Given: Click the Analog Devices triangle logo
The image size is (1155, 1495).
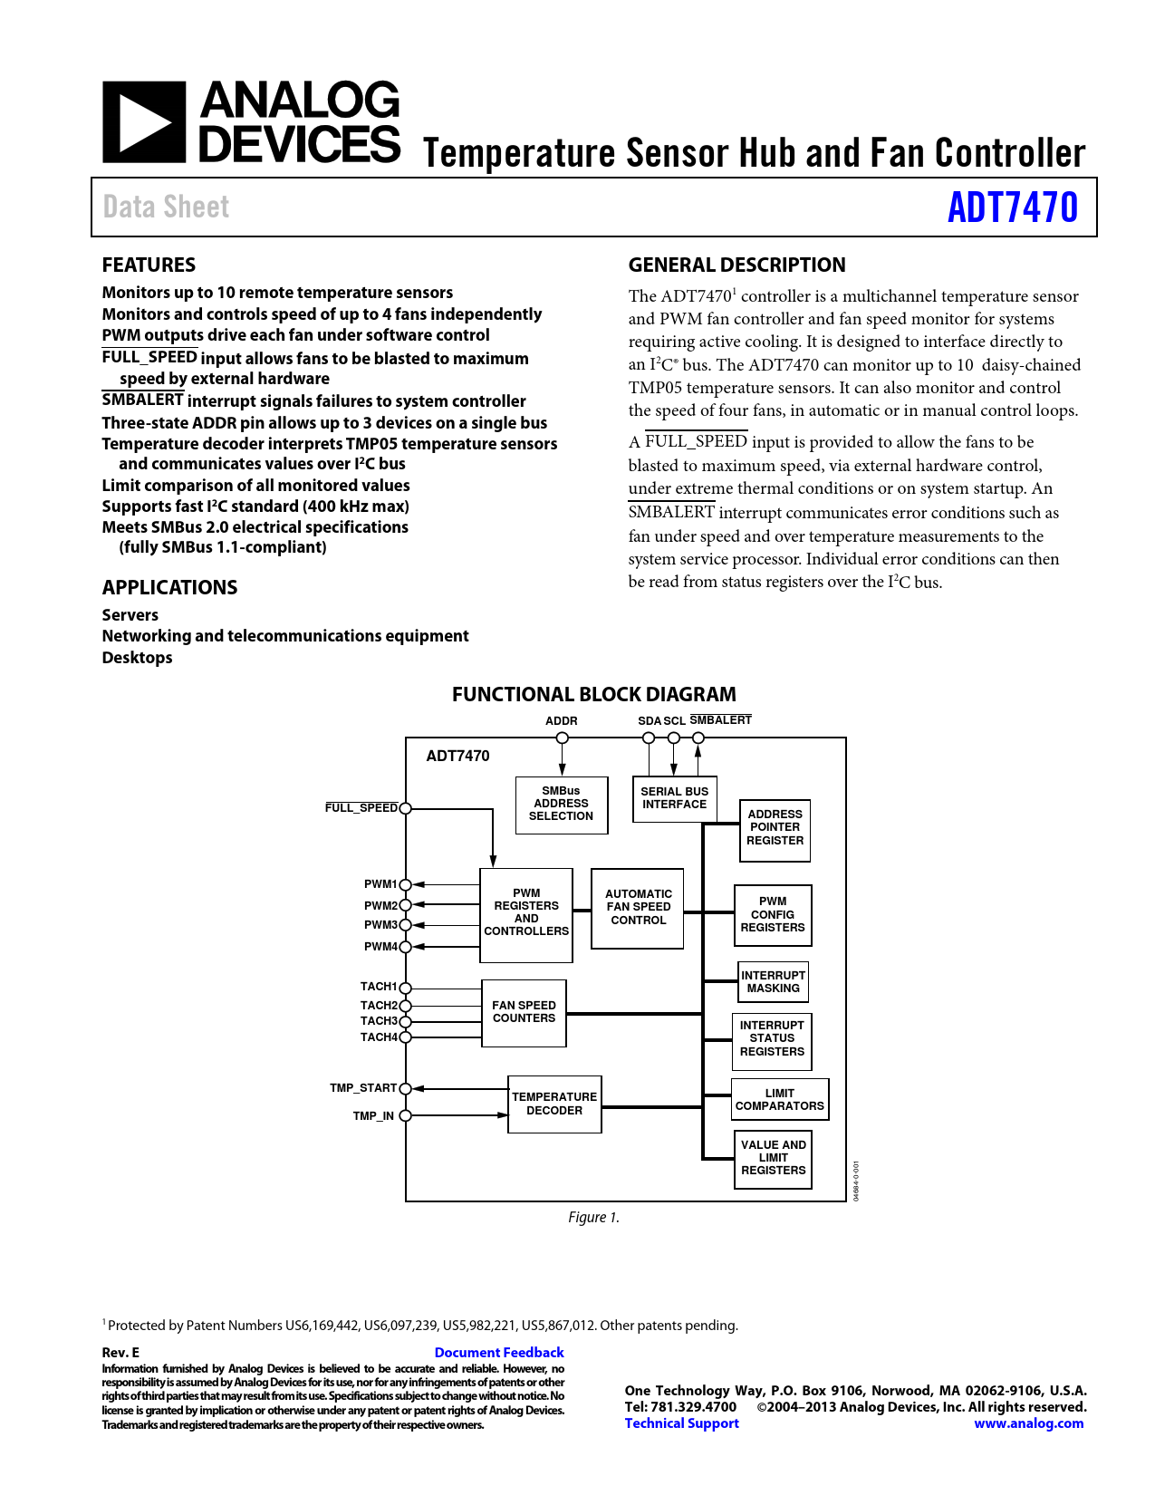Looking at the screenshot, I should [x=143, y=122].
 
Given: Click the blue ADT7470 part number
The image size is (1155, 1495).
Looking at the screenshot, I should [x=1012, y=207].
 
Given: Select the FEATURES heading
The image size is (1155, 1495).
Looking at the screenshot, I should [x=149, y=265].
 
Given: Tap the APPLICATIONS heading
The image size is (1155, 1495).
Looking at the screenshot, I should [x=169, y=588].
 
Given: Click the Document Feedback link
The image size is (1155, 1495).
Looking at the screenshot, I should [x=499, y=1353].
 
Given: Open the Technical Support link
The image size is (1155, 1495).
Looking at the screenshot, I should [x=681, y=1423].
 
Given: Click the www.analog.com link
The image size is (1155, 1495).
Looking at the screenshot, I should [x=1028, y=1423].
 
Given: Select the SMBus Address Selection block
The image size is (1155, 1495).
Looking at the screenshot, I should [x=562, y=805].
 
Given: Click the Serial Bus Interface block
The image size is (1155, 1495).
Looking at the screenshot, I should [x=674, y=798].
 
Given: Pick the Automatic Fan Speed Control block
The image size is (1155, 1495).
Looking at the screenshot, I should [x=638, y=908].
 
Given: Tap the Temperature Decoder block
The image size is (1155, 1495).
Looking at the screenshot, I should [x=554, y=1104].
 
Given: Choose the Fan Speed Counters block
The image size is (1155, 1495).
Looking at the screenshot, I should [x=524, y=1012].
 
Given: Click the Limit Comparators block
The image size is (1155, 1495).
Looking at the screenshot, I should [x=779, y=1100].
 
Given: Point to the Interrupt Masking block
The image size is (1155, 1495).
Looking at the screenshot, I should [x=773, y=982].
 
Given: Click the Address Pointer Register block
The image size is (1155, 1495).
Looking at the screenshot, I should [x=775, y=828].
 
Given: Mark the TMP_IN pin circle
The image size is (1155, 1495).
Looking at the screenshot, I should [x=406, y=1115].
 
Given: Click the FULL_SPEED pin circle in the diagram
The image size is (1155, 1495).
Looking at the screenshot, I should [x=406, y=808].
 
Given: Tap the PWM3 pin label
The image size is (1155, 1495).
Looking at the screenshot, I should [x=380, y=925].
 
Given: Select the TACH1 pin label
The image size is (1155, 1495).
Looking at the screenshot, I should [x=379, y=987].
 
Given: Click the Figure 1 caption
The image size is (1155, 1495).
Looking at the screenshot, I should [x=593, y=1218].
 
